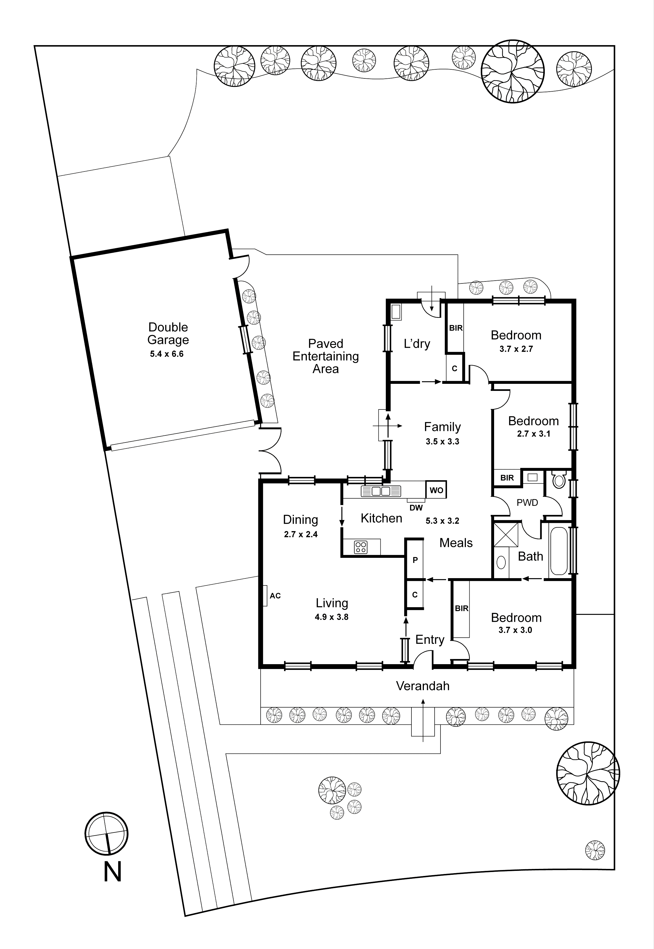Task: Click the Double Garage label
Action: tap(168, 334)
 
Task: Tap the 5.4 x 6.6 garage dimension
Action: tap(167, 354)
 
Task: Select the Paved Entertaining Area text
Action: tap(325, 356)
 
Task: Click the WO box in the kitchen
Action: tap(436, 490)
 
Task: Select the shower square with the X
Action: tap(506, 535)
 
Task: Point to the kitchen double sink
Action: tap(381, 491)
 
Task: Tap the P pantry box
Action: tap(415, 560)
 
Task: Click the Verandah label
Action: tap(422, 686)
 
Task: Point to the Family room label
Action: tap(442, 427)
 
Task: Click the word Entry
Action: tap(430, 640)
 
